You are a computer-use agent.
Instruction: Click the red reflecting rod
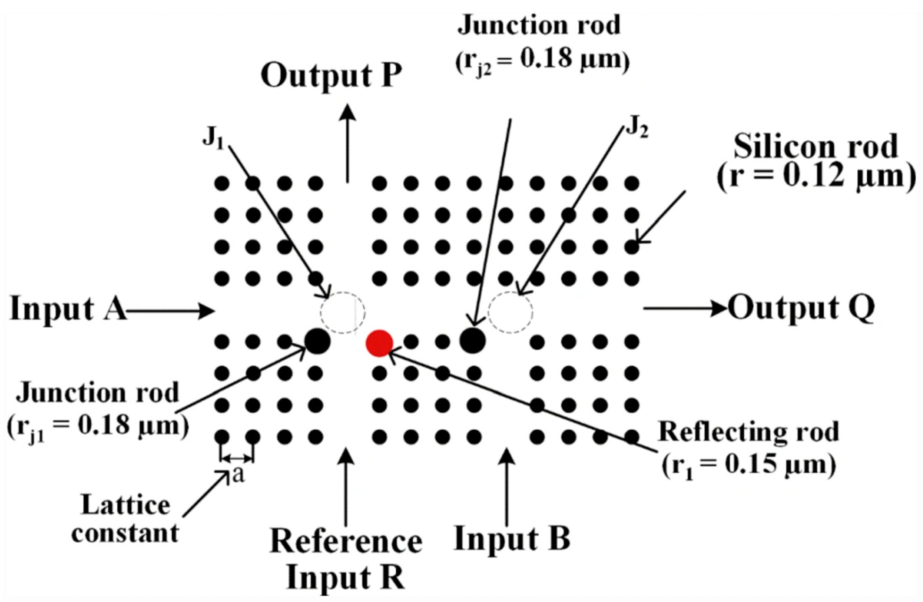tap(380, 343)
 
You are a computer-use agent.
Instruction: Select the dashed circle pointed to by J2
tap(510, 312)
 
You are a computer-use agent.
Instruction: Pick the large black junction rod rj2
tap(472, 340)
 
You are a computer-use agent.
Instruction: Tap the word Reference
tap(345, 542)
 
